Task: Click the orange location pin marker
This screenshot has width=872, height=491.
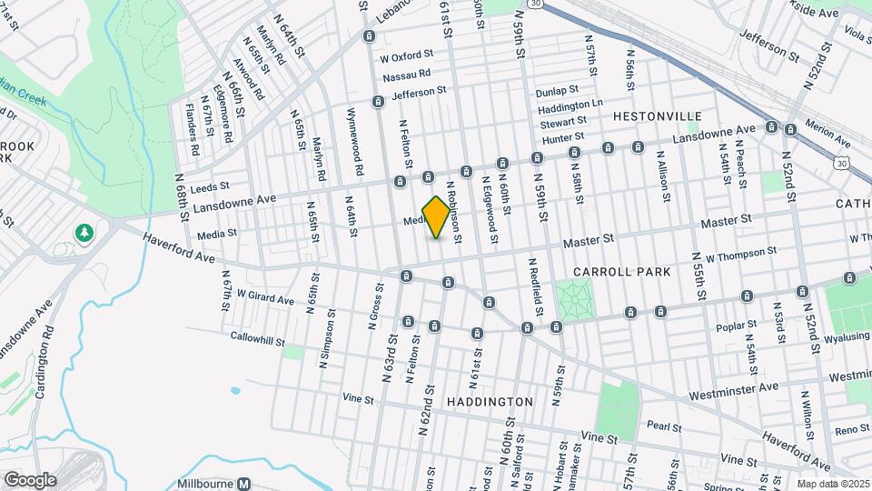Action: (x=437, y=216)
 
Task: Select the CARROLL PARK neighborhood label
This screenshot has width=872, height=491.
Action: (x=622, y=272)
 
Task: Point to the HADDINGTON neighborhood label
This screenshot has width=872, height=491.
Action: (x=490, y=401)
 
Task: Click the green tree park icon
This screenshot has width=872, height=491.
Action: (x=84, y=234)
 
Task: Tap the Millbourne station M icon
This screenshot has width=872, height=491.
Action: (x=243, y=485)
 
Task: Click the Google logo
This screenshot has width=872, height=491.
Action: (x=30, y=480)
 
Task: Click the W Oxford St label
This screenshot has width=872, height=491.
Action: (x=408, y=57)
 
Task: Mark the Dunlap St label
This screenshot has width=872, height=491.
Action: (x=557, y=91)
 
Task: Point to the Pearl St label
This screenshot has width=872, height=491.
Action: (x=664, y=425)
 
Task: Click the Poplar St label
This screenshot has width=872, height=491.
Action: (x=737, y=325)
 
